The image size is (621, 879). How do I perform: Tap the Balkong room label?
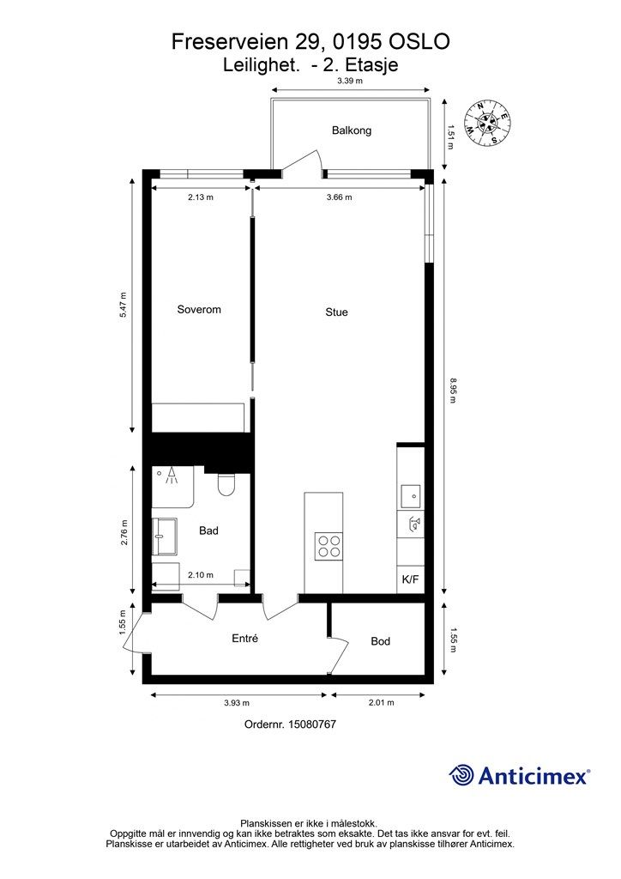tap(352, 131)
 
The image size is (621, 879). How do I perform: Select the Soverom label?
tap(199, 309)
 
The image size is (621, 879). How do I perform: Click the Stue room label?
tap(336, 312)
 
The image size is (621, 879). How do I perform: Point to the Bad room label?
tap(208, 530)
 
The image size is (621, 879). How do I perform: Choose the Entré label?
tap(245, 639)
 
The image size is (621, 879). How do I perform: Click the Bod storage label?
tap(381, 641)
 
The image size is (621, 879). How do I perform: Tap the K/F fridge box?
tap(410, 580)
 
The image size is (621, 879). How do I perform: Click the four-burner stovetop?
tap(328, 545)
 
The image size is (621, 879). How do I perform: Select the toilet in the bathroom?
tap(227, 486)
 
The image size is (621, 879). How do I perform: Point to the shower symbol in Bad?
tap(172, 476)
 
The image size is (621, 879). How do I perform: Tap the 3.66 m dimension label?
tap(341, 197)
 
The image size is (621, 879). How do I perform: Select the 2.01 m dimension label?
tap(380, 703)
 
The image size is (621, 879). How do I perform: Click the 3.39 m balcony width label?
tap(350, 81)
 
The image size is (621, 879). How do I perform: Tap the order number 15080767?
tap(290, 724)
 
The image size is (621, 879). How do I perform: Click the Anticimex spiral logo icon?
tap(462, 774)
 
